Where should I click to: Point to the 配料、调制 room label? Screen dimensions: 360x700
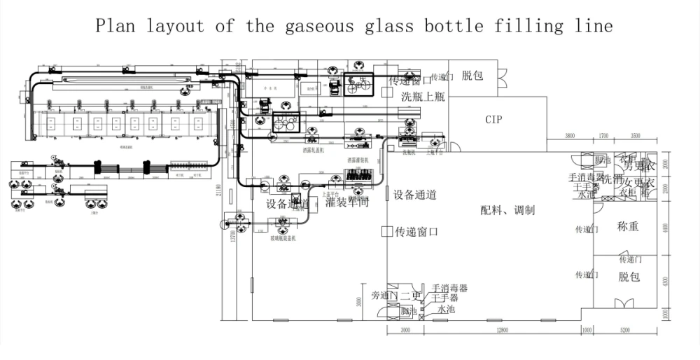coord(507,210)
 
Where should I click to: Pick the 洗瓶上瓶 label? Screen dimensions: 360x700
coord(423,97)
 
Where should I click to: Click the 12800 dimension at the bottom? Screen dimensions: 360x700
coord(497,330)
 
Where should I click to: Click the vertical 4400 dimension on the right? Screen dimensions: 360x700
coord(666,228)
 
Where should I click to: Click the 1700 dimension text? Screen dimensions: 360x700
coord(603,135)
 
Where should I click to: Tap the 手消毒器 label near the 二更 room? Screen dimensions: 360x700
coord(449,288)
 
